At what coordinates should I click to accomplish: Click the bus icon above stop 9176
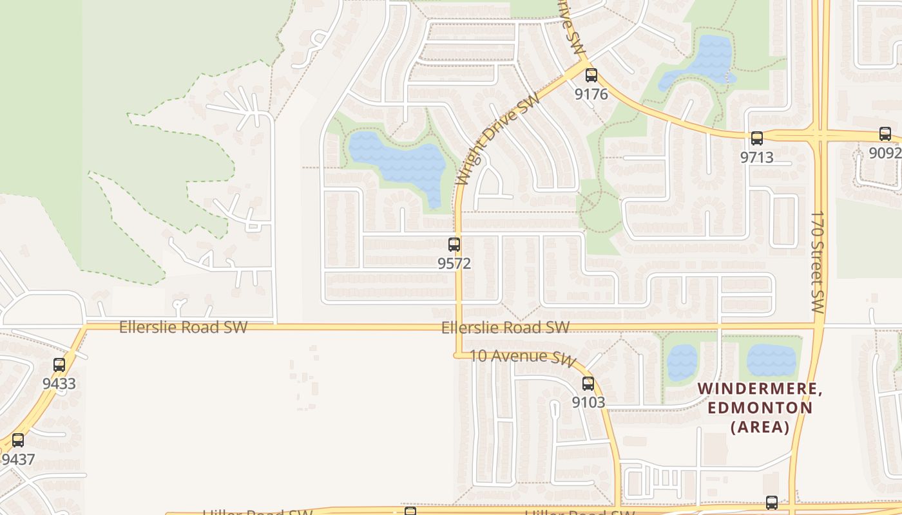point(591,75)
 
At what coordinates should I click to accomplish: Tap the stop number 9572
point(454,263)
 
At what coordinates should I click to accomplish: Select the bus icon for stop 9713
point(756,138)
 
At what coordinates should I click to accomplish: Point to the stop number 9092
point(885,153)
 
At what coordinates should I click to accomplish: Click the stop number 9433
point(59,384)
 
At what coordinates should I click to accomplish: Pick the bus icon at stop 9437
point(18,440)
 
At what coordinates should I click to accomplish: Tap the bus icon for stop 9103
point(588,384)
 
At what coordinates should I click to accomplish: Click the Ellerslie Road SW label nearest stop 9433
point(183,327)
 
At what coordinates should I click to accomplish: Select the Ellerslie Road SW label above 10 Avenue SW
point(505,328)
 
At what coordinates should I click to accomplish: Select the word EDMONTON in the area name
point(760,407)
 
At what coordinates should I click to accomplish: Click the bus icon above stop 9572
point(454,245)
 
